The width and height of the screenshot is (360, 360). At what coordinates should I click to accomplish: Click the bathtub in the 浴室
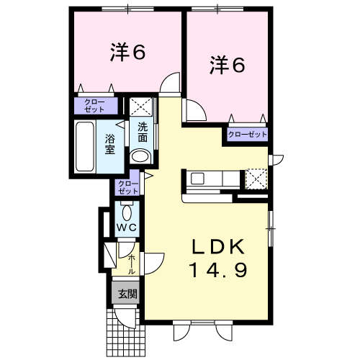pyautogui.click(x=84, y=147)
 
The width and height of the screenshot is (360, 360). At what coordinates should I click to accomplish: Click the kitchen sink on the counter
pyautogui.click(x=197, y=179)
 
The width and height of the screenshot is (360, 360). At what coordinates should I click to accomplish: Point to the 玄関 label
pyautogui.click(x=127, y=294)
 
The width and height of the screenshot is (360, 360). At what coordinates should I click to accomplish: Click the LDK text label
pyautogui.click(x=218, y=247)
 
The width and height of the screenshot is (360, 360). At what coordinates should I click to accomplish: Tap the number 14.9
pyautogui.click(x=218, y=270)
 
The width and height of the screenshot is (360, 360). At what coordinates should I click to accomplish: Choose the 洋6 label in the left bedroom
pyautogui.click(x=127, y=52)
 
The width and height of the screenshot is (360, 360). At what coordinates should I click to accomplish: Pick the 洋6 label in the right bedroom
pyautogui.click(x=227, y=64)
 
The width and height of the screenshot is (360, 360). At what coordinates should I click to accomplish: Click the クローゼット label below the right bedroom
pyautogui.click(x=248, y=134)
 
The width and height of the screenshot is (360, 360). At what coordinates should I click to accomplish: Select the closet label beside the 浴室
pyautogui.click(x=94, y=106)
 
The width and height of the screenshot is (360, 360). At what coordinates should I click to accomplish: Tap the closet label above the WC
pyautogui.click(x=128, y=187)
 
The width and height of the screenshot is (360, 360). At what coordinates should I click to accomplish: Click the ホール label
pyautogui.click(x=132, y=264)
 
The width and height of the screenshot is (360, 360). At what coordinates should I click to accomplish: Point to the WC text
pyautogui.click(x=127, y=228)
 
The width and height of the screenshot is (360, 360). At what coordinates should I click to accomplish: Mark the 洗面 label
pyautogui.click(x=143, y=132)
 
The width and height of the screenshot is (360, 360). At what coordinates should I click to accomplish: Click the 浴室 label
pyautogui.click(x=109, y=144)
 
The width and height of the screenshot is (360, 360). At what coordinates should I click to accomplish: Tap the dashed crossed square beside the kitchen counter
pyautogui.click(x=256, y=179)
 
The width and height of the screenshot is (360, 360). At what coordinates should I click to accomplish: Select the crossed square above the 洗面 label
pyautogui.click(x=141, y=107)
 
